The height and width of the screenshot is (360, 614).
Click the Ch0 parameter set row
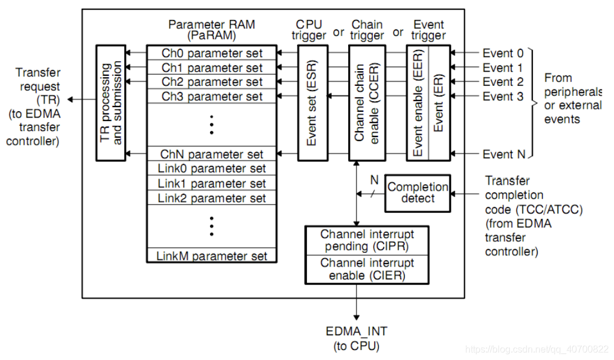coord(212,53)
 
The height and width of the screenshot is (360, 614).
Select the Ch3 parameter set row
coord(212,96)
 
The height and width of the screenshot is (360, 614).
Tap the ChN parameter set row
coord(212,154)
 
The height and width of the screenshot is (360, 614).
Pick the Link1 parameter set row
coord(212,184)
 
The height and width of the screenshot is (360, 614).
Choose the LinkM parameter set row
coord(212,256)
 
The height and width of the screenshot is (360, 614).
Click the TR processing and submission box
coord(111,102)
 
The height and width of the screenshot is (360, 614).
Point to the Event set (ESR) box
coord(312,102)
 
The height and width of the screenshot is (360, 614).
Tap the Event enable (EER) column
coord(418,102)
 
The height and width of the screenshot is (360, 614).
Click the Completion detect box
coord(418,193)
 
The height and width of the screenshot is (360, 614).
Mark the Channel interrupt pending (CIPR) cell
coord(367,240)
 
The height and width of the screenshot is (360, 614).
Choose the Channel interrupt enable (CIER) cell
coord(367,269)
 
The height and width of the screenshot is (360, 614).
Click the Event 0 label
coord(502,53)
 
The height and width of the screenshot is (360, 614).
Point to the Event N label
coord(503,154)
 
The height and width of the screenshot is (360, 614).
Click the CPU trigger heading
coord(311,30)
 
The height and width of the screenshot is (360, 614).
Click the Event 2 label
coord(502,82)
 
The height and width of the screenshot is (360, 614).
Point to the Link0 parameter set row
coord(212,169)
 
